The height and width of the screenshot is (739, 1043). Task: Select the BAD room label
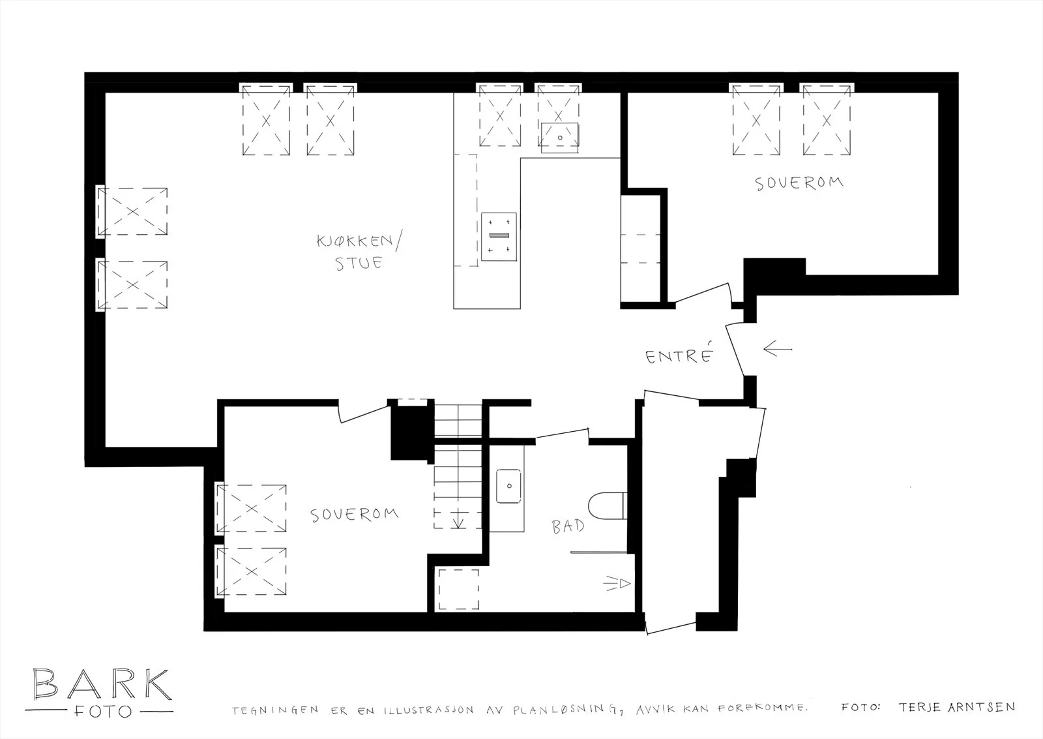click(568, 526)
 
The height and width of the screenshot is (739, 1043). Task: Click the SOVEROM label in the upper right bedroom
click(799, 183)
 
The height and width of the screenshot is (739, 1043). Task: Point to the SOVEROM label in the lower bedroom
click(354, 515)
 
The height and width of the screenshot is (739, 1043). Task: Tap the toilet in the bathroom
click(607, 505)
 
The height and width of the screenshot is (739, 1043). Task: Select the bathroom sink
click(508, 486)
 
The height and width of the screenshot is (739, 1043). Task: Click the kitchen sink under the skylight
click(560, 138)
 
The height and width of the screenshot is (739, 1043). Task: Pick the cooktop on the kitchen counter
click(499, 237)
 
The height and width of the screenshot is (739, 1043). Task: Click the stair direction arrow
click(458, 519)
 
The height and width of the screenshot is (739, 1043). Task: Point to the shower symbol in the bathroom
click(617, 583)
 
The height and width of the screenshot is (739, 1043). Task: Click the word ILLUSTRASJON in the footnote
click(428, 710)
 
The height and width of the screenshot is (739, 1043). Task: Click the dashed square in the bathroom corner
click(459, 589)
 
